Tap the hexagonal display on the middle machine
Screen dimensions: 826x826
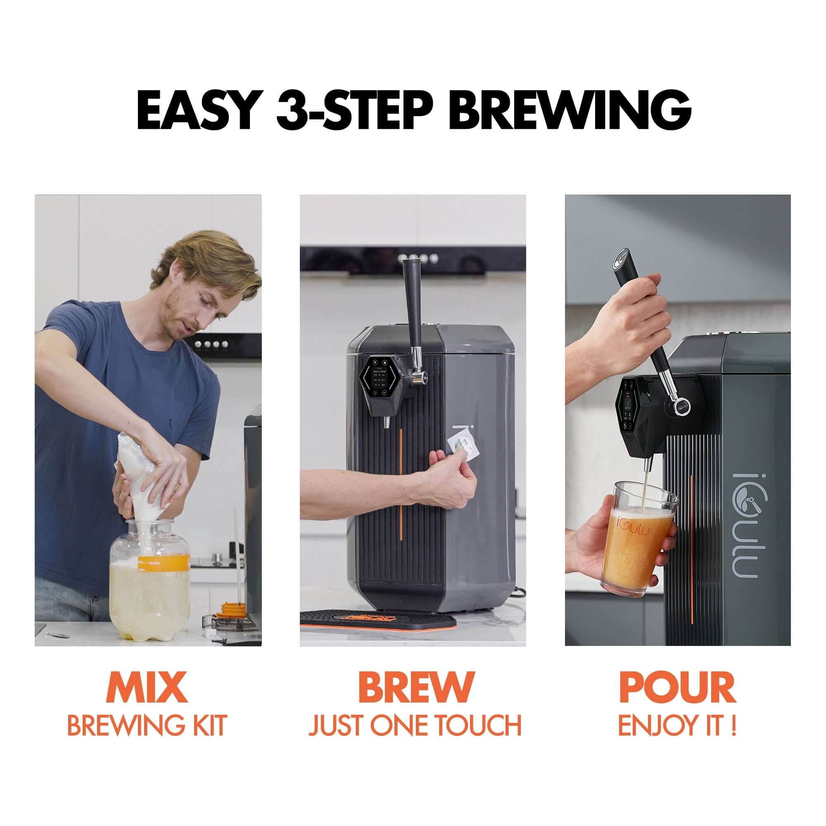(380, 376)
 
